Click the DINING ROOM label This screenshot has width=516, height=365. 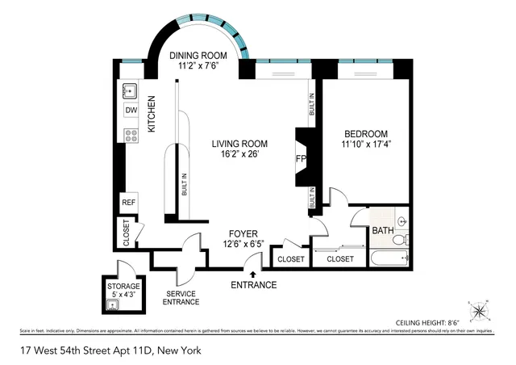(x=198, y=56)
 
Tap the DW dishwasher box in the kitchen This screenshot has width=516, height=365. (x=130, y=111)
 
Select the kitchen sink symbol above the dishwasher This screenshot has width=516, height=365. (x=130, y=90)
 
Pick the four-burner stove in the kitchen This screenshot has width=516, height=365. (x=130, y=135)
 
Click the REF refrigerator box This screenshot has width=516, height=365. (x=128, y=202)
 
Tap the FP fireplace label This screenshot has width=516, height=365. (x=301, y=159)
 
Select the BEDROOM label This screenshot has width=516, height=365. (x=366, y=134)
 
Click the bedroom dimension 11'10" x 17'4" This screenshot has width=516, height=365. (x=367, y=145)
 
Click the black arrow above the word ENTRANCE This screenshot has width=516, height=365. (x=254, y=275)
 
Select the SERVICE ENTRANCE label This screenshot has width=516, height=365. (x=181, y=297)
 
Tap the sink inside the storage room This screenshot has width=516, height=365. (x=112, y=304)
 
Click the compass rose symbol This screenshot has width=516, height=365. (x=478, y=310)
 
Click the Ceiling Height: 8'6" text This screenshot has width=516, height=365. (x=429, y=321)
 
